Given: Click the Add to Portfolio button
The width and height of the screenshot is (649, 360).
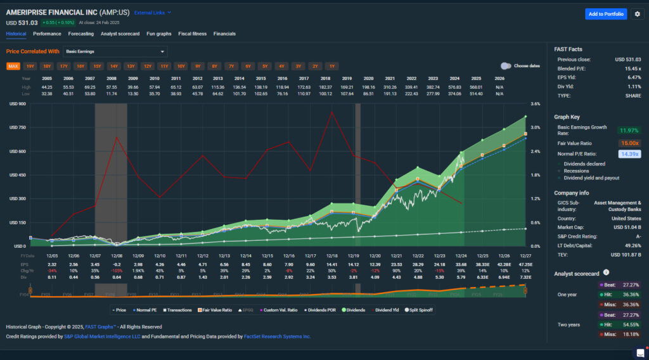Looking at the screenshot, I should [x=605, y=14].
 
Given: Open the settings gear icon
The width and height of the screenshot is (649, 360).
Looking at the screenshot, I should [x=637, y=14].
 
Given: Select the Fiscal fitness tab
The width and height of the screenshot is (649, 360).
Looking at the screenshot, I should [x=193, y=34].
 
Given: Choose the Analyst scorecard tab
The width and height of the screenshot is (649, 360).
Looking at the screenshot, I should [x=120, y=34].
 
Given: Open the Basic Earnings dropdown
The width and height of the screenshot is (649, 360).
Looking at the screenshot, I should [x=115, y=51].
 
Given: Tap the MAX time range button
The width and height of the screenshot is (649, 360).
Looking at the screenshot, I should [x=13, y=66].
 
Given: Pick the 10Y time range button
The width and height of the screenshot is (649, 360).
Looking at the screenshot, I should [x=181, y=66].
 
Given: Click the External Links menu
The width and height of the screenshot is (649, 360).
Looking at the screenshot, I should [x=152, y=12].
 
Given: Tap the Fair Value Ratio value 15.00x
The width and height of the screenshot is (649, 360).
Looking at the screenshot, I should [x=629, y=143].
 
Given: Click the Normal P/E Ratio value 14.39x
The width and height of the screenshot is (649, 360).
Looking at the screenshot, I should [x=629, y=154].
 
